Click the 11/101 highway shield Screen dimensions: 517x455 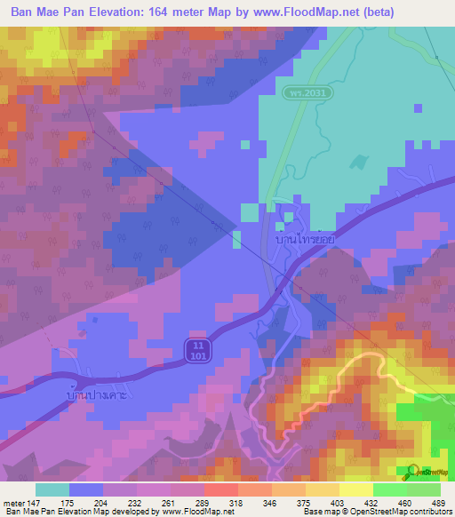point(198,349)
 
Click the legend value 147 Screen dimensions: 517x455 point(33,502)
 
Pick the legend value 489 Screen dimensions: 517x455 point(440,502)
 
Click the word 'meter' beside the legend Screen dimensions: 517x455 point(12,502)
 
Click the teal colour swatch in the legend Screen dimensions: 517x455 point(52,489)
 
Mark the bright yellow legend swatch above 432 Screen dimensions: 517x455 point(356,489)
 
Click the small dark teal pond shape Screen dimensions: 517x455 point(358,163)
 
